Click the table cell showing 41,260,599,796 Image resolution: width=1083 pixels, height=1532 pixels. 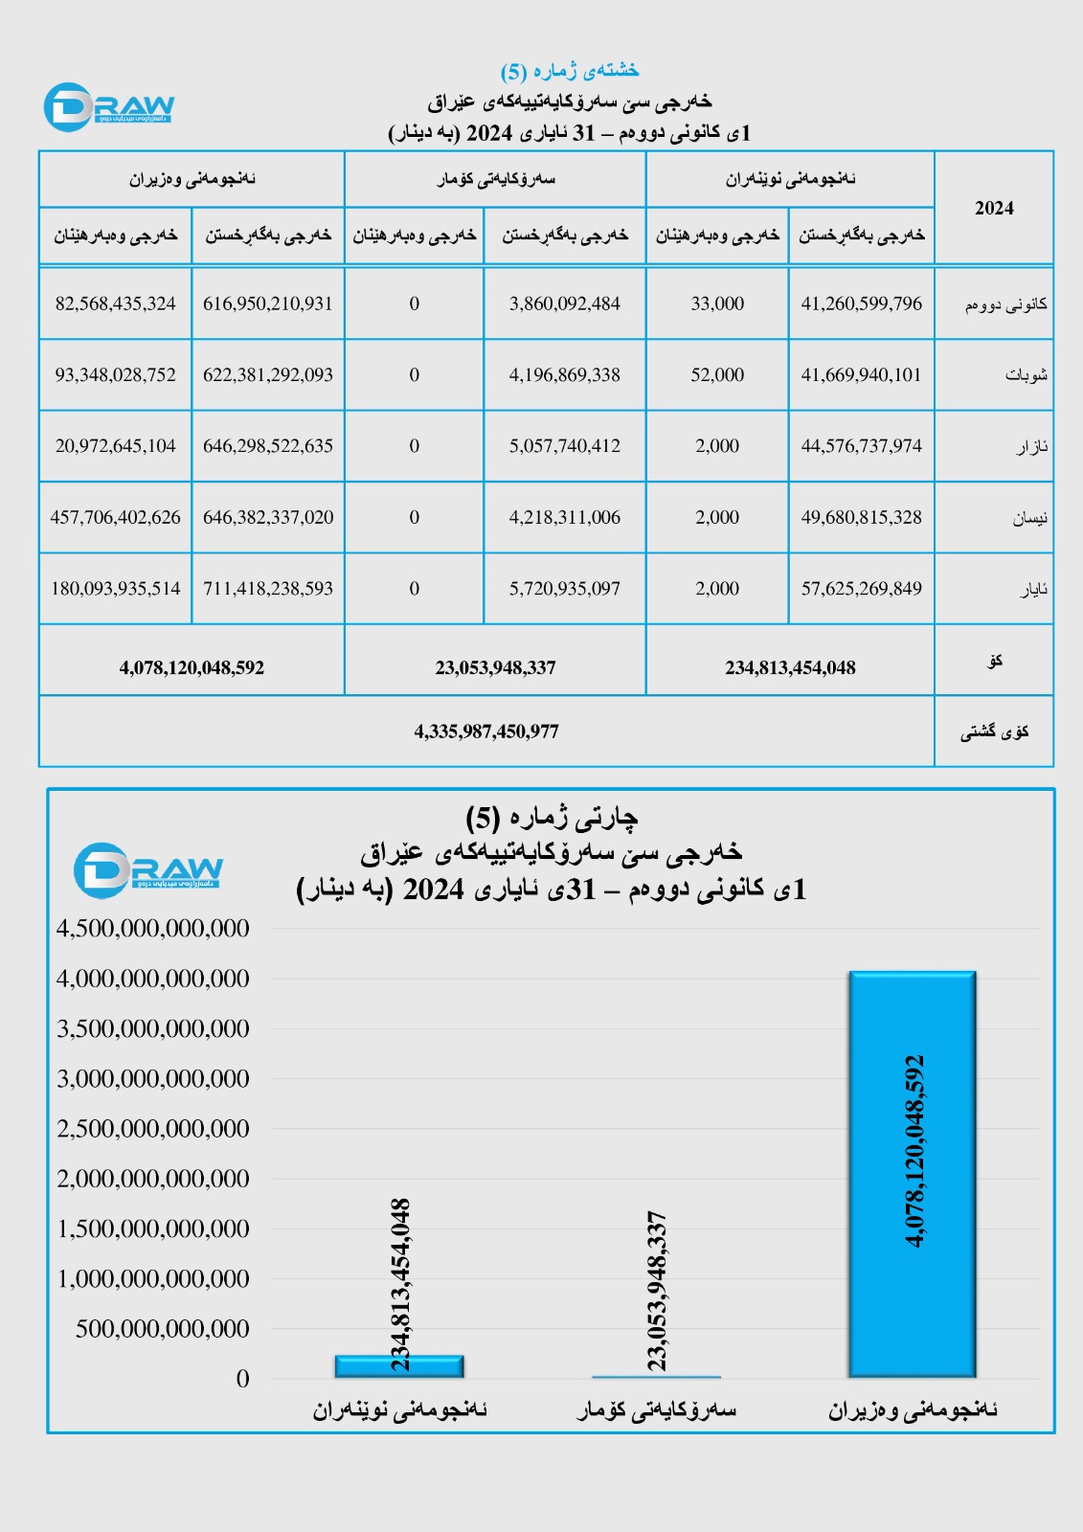coord(861,304)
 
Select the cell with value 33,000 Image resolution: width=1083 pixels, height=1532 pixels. coord(717,304)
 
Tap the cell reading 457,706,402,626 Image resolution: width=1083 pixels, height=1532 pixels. coord(115,517)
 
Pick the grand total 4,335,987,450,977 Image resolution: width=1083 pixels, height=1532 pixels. coord(486,732)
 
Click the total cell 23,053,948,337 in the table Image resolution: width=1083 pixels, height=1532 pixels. coord(495,667)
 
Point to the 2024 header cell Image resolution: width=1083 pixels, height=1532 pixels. coord(993,208)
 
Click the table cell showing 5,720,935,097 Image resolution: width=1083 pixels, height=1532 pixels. coord(564,589)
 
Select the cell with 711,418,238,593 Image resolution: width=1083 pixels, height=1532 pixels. coord(268,589)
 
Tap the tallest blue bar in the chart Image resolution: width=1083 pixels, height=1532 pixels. coord(912,1174)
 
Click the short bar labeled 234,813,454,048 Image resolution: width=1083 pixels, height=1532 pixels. coord(399,1366)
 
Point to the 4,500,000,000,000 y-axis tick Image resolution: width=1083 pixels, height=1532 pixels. coord(153,928)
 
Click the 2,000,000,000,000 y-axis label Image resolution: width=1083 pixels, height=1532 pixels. coord(153,1179)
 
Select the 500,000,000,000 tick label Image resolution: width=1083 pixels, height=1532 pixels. coord(163,1328)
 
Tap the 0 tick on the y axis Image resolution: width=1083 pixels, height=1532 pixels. coord(242,1379)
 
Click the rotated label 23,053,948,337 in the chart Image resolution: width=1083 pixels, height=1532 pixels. coord(657,1290)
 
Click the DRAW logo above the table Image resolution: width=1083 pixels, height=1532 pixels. coord(109,106)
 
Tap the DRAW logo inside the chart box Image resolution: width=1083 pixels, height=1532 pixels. coord(147,870)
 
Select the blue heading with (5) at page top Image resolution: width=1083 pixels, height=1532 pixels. coord(569,70)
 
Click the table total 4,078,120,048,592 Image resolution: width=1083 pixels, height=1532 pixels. coord(192,667)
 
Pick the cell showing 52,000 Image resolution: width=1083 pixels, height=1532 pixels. coord(717,374)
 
